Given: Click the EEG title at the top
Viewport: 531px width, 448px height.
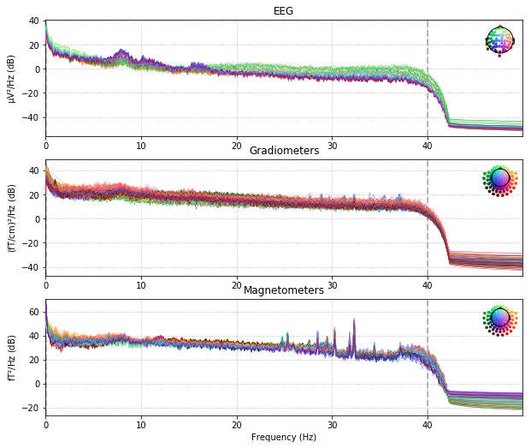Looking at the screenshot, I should (x=284, y=11).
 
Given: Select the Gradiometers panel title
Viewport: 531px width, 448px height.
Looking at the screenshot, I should (x=284, y=151).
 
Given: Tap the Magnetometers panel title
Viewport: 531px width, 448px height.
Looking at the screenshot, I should (x=284, y=290).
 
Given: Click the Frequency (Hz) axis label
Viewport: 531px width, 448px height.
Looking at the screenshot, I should (x=284, y=437).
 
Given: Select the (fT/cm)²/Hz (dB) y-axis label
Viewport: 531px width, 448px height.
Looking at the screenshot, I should (x=11, y=218).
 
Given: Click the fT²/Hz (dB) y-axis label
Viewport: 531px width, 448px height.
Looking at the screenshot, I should (x=11, y=357).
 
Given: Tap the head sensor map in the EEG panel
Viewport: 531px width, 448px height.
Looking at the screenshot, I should (x=500, y=39).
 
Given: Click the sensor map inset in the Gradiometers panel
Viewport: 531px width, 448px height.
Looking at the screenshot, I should (x=500, y=179).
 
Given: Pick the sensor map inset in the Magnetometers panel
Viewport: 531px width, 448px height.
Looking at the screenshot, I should (x=500, y=320).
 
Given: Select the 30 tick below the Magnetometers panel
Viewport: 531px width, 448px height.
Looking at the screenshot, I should (x=332, y=425).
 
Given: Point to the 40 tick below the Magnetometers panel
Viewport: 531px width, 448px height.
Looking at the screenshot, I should (x=428, y=425).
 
